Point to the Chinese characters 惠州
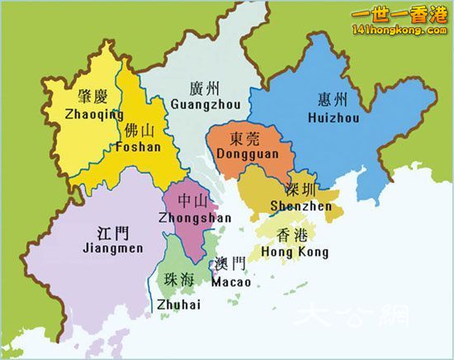click(332, 100)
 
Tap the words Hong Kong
click(294, 252)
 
